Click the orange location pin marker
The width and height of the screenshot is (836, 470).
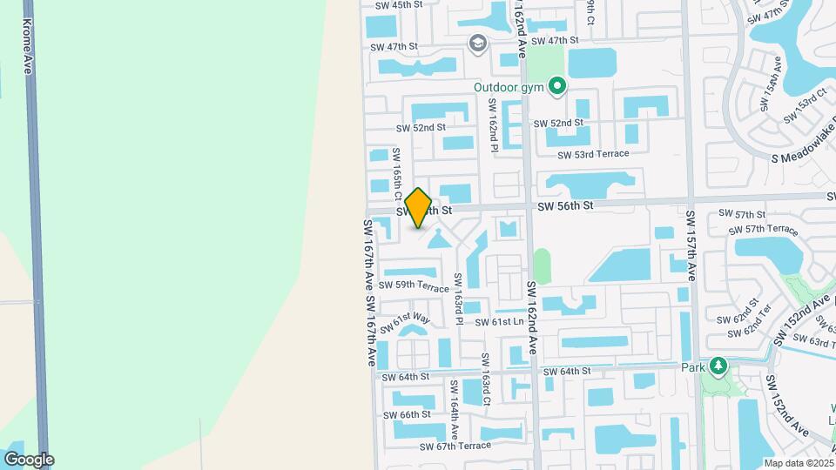(x=419, y=208)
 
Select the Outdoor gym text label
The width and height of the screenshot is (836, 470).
(x=508, y=87)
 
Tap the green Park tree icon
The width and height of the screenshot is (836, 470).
(x=718, y=366)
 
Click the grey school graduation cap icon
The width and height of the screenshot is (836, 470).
(x=477, y=44)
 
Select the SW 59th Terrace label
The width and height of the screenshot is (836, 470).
(x=410, y=285)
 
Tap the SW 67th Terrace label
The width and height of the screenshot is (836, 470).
(x=455, y=446)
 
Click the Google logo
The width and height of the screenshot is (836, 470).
(x=28, y=460)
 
